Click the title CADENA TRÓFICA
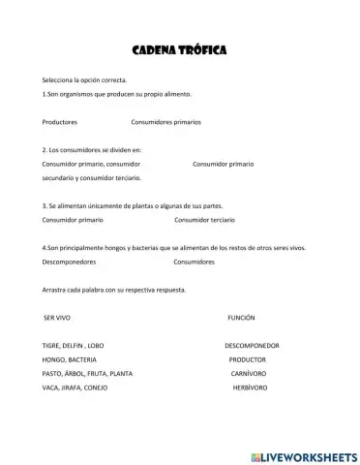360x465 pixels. tap(179, 49)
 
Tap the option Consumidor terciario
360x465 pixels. tap(203, 221)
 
